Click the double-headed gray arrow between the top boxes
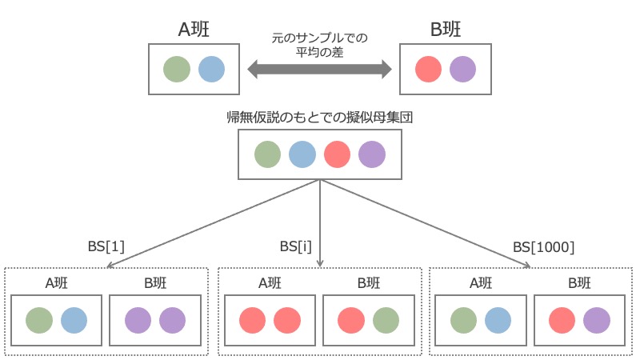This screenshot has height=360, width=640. (319, 69)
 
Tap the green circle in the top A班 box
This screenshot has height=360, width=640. (177, 69)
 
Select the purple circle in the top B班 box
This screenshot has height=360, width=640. (463, 69)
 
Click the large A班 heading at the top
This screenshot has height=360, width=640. (194, 30)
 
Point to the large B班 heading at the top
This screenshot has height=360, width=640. (446, 30)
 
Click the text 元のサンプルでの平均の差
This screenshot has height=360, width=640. (319, 45)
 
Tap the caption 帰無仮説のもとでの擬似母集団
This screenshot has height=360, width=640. (319, 117)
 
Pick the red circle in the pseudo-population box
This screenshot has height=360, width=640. (337, 154)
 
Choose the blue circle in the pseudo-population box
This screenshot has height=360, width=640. (302, 154)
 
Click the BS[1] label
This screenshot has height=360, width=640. (106, 246)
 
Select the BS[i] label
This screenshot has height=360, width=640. (295, 246)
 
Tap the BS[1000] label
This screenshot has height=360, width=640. (544, 247)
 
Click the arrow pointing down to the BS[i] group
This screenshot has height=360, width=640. (320, 223)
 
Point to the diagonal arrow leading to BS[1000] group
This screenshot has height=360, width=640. (426, 224)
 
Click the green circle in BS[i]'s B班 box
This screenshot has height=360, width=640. (386, 321)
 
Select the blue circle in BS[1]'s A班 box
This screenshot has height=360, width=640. (74, 321)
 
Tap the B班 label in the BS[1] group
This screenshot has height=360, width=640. (155, 283)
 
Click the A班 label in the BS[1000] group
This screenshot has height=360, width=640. (481, 283)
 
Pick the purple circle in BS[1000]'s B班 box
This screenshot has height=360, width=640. (597, 321)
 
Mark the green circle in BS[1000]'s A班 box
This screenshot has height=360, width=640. (464, 321)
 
